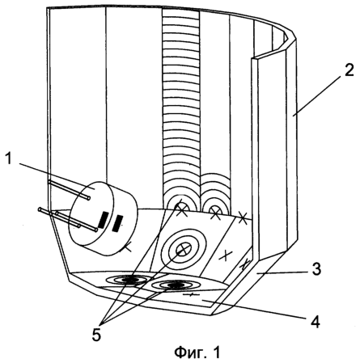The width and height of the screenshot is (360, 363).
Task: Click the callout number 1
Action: (x=9, y=159)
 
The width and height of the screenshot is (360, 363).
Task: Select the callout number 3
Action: (x=316, y=268)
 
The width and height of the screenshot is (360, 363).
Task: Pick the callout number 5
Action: (x=96, y=335)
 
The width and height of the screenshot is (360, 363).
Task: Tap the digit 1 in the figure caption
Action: (x=217, y=352)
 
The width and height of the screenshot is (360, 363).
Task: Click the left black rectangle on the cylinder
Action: (x=103, y=221)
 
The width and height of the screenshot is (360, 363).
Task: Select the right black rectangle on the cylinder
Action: (x=117, y=223)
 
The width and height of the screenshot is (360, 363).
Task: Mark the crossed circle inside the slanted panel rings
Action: (x=184, y=249)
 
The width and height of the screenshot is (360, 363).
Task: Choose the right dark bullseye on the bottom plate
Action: (x=175, y=285)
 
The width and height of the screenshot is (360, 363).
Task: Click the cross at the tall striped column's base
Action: (x=182, y=209)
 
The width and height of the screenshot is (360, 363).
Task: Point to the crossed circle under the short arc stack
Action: (x=215, y=211)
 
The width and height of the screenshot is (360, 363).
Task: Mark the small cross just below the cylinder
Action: (x=128, y=247)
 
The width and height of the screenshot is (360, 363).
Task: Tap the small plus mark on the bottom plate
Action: (x=190, y=294)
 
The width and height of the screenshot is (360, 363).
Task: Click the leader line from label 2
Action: (x=319, y=95)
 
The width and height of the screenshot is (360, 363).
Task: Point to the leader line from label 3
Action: (x=282, y=272)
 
